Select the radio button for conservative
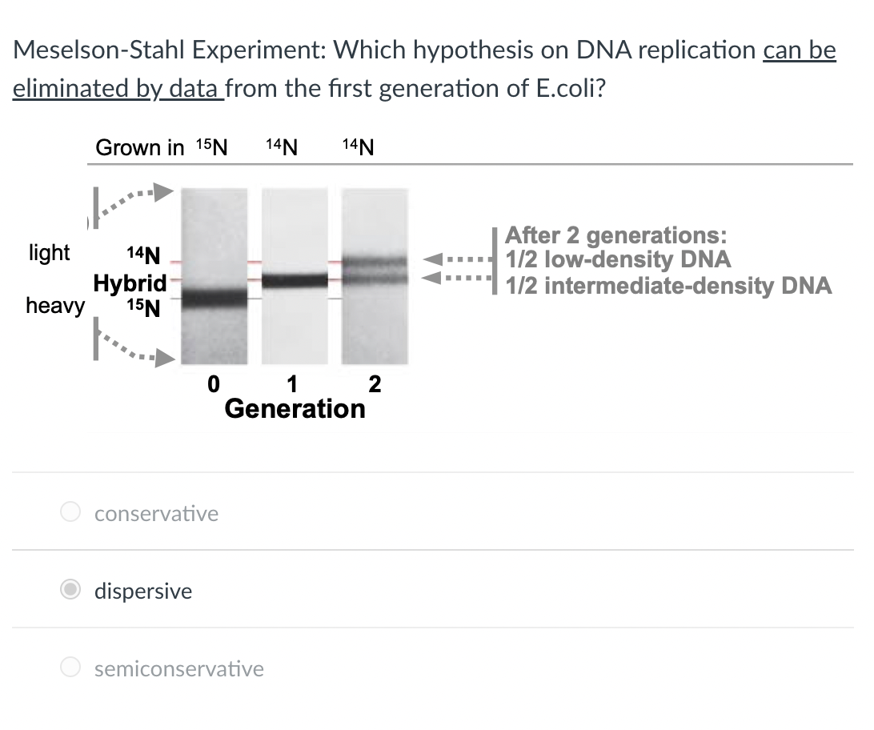point(71,512)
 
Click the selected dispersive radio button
point(71,590)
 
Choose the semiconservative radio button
point(71,668)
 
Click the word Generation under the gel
point(295,409)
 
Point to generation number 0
point(213,384)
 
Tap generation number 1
point(292,384)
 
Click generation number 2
point(375,384)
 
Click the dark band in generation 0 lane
point(214,299)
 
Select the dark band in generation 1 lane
point(294,280)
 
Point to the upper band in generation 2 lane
point(375,262)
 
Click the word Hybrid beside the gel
point(130,283)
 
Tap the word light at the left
point(50,253)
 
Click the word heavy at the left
point(54,306)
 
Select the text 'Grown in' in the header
point(139,147)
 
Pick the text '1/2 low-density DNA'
point(619,259)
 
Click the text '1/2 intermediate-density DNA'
point(668,285)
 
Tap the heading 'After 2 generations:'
point(617,235)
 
